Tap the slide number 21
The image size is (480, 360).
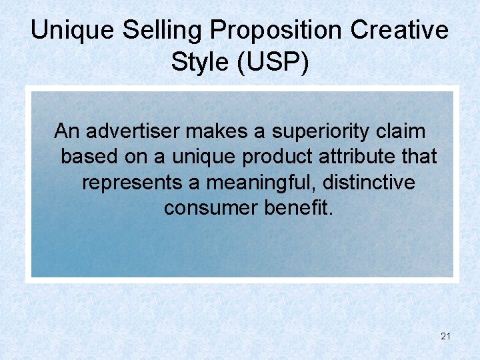[446, 336]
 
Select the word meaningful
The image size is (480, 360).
[262, 182]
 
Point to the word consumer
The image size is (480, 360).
[211, 207]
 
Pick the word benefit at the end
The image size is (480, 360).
[297, 207]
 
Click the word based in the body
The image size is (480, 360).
[88, 157]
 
